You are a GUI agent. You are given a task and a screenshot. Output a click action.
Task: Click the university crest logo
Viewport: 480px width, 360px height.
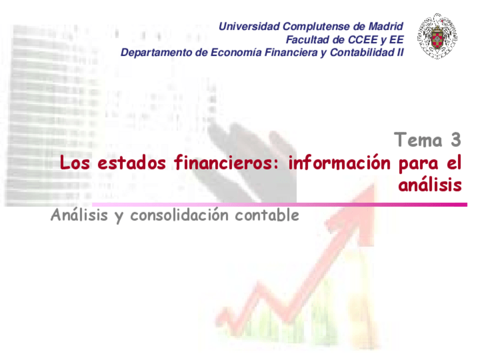coord(438,36)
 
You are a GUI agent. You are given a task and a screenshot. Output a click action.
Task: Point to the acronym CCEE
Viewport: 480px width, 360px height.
coord(363,40)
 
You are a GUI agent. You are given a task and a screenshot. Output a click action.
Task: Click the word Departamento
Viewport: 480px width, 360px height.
coord(156,52)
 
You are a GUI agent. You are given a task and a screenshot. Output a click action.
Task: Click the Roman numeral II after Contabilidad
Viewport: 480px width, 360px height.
coord(400,52)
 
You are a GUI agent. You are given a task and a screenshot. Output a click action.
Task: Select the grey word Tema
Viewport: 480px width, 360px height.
coord(418,140)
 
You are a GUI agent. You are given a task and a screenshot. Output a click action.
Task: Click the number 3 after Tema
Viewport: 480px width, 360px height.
coord(456,140)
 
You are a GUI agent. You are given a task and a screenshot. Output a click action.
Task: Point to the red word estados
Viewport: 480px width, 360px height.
coord(132,162)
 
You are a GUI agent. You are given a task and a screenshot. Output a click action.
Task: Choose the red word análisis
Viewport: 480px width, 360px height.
coord(430,185)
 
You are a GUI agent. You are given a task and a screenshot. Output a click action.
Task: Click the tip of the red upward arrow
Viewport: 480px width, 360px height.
coord(374,184)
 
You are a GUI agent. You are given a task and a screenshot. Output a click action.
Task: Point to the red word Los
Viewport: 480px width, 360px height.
coord(75,162)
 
